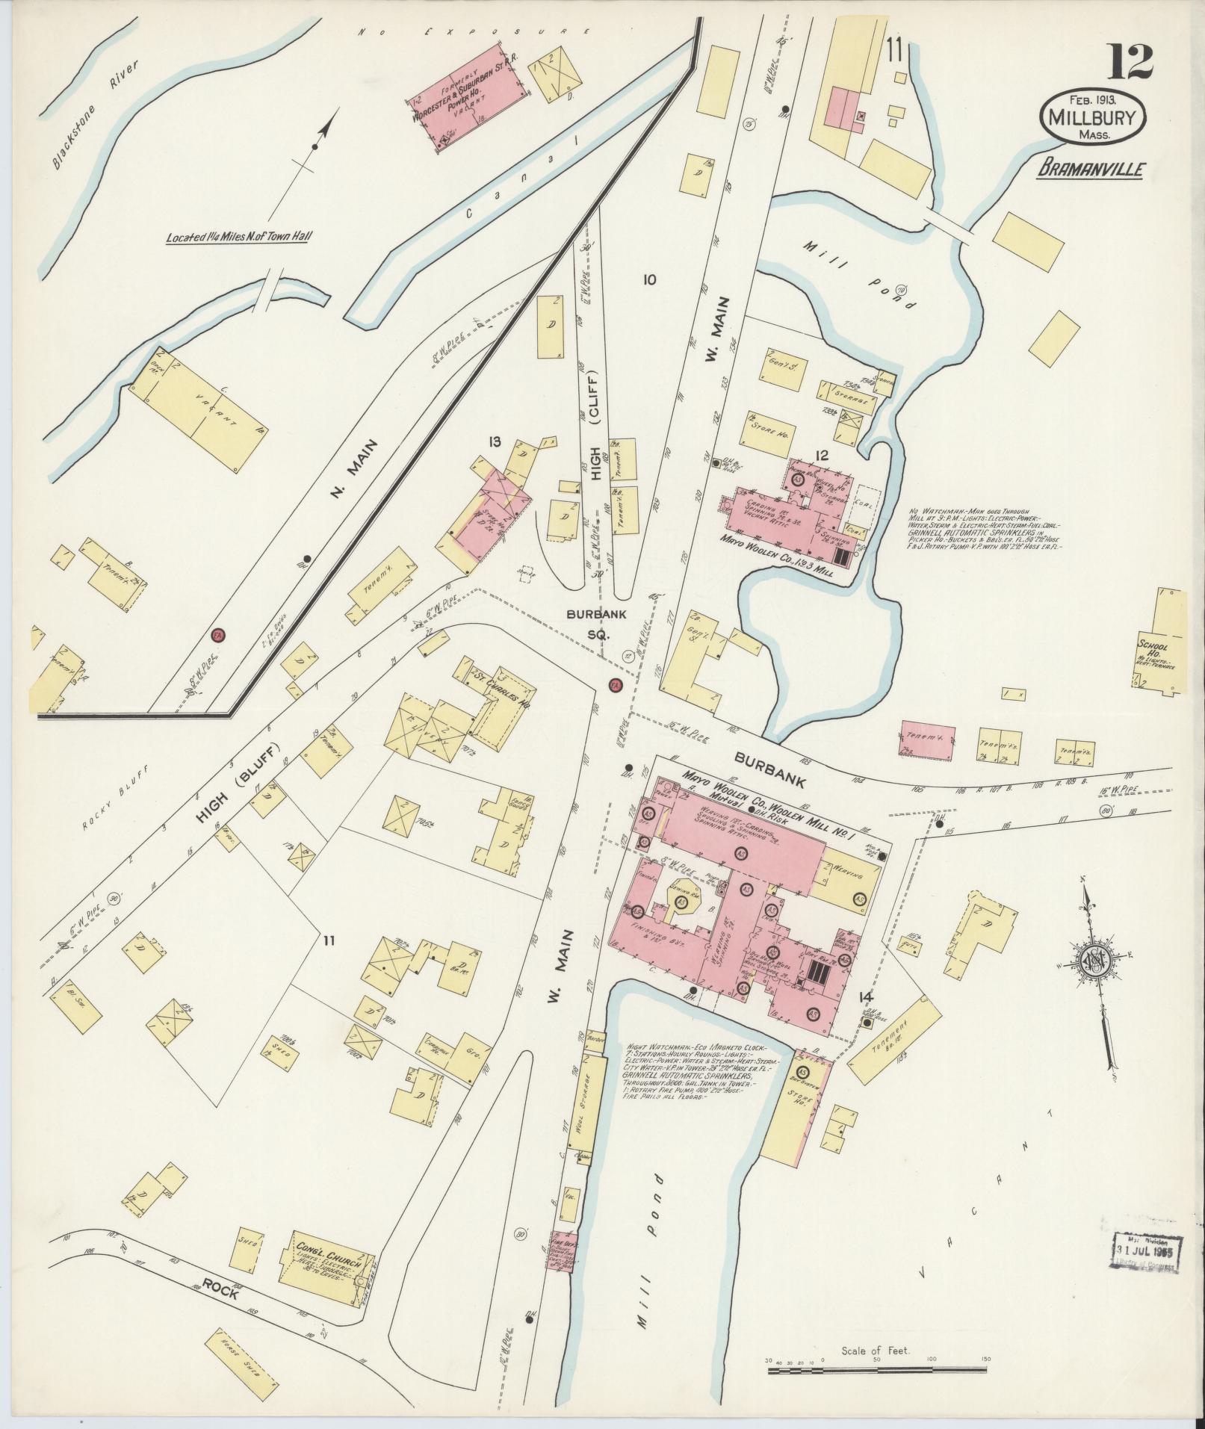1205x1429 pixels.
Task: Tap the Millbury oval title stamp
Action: (x=1092, y=118)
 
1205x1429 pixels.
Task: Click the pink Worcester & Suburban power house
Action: (x=468, y=98)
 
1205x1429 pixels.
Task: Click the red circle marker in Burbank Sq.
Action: (x=615, y=685)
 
